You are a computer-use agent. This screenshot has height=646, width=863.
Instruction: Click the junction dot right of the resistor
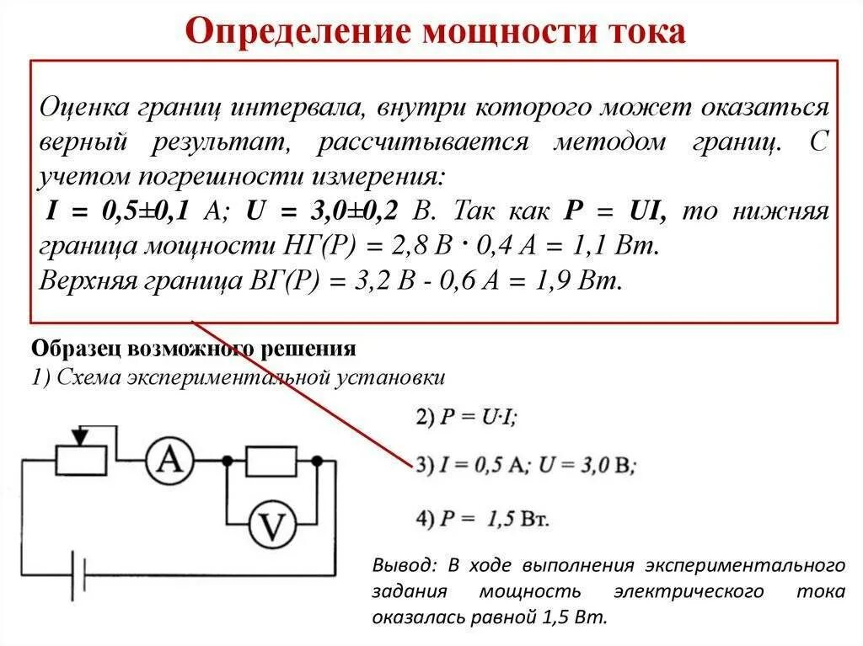pyautogui.click(x=317, y=461)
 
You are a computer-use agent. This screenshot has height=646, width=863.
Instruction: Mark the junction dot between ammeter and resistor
pyautogui.click(x=227, y=461)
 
